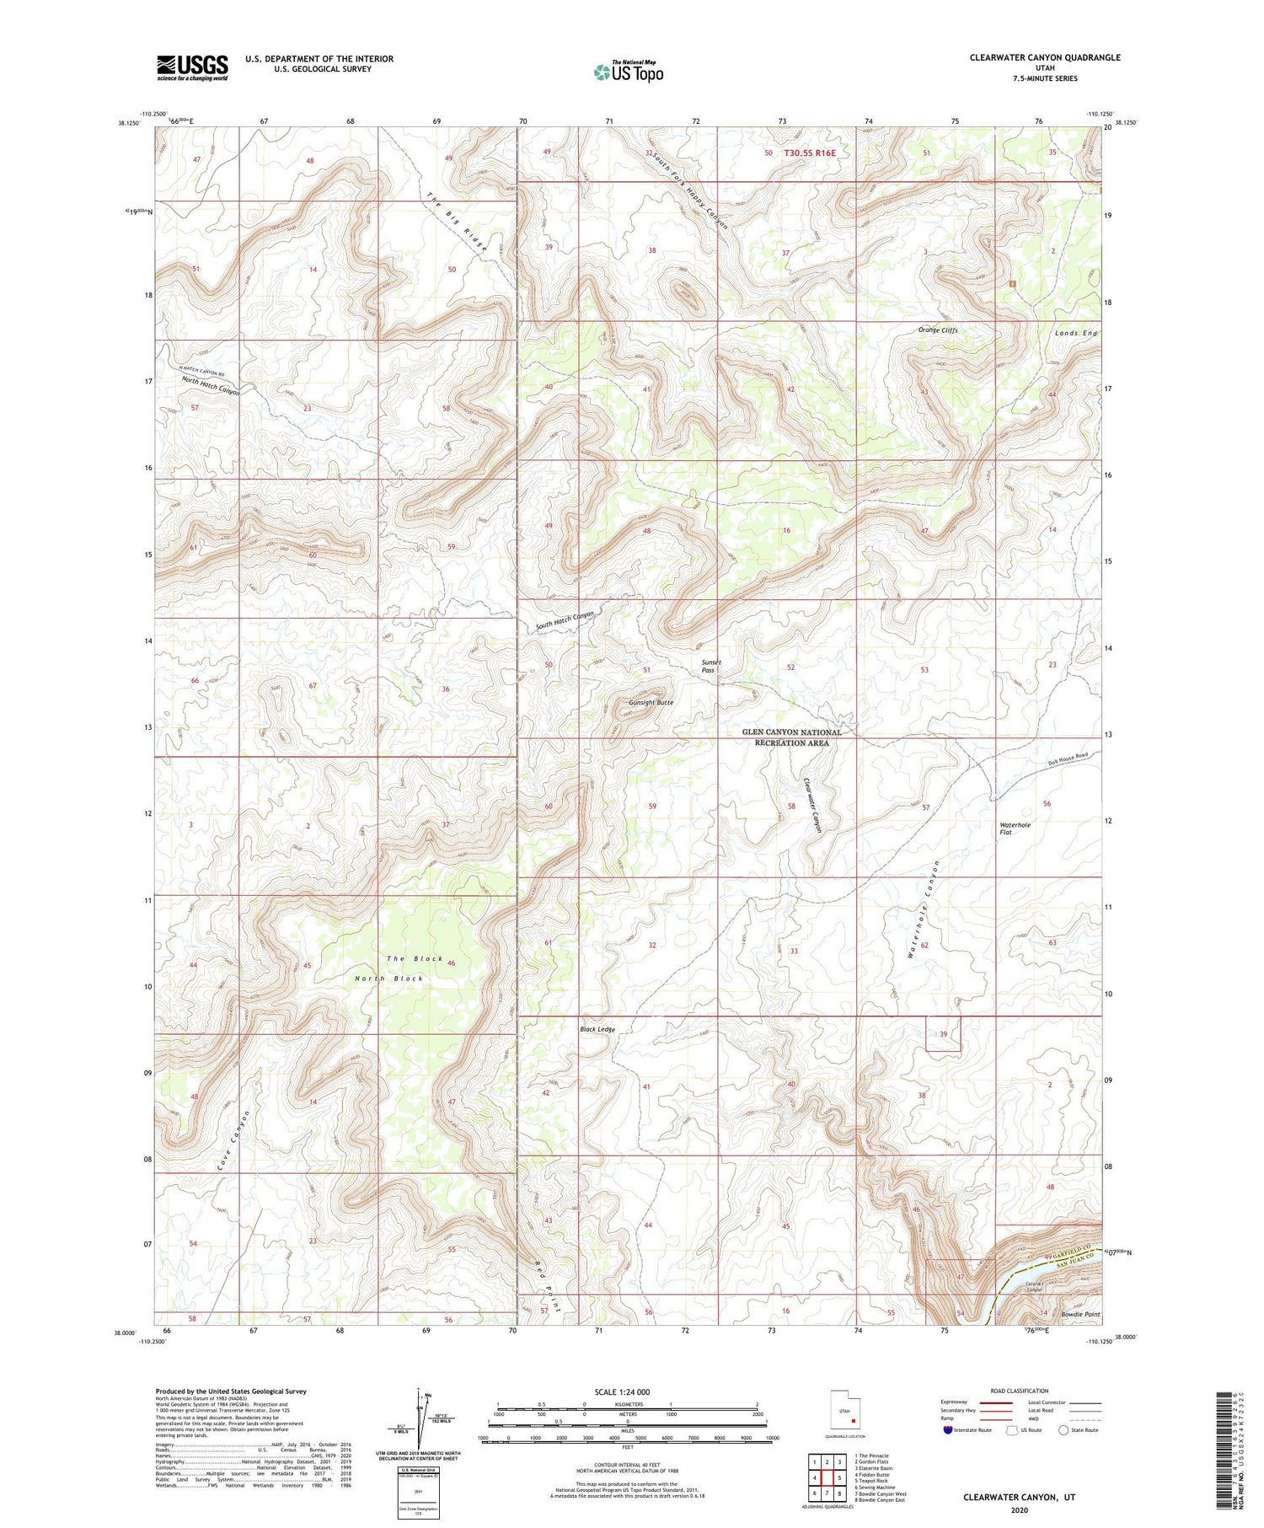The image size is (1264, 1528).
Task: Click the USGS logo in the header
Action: pyautogui.click(x=192, y=67)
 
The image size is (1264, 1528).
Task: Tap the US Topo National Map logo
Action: pyautogui.click(x=629, y=72)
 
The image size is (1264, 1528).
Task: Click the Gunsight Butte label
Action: pyautogui.click(x=651, y=702)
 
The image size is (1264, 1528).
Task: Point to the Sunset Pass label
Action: pyautogui.click(x=712, y=666)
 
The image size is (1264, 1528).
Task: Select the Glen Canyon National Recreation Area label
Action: pyautogui.click(x=791, y=737)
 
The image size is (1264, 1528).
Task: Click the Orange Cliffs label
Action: pyautogui.click(x=938, y=330)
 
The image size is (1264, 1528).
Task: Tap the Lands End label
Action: pyautogui.click(x=1076, y=334)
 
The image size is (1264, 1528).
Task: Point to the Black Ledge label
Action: pyautogui.click(x=597, y=1030)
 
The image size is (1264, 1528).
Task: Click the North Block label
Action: pyautogui.click(x=388, y=978)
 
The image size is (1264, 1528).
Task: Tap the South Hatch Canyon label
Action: pyautogui.click(x=565, y=621)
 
